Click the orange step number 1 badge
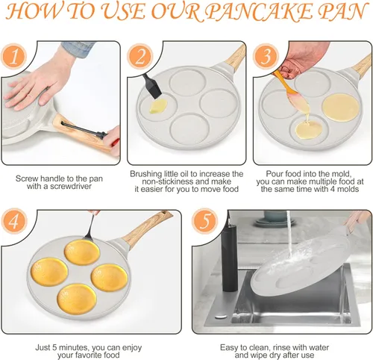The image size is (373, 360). click(13, 57)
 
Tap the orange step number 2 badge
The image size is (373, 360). click(140, 57)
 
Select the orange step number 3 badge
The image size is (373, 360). click(266, 57)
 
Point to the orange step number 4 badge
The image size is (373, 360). click(13, 221)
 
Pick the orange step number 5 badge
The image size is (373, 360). click(204, 221)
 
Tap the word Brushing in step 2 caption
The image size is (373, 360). click(146, 174)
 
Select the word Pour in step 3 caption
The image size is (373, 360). click(275, 173)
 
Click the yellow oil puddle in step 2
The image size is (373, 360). click(158, 106)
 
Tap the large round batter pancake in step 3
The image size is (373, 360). click(341, 108)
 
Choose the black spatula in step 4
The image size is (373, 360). click(91, 229)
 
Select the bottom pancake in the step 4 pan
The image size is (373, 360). click(77, 299)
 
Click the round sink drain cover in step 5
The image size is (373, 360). click(221, 317)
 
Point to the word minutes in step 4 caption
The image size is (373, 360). click(72, 347)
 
